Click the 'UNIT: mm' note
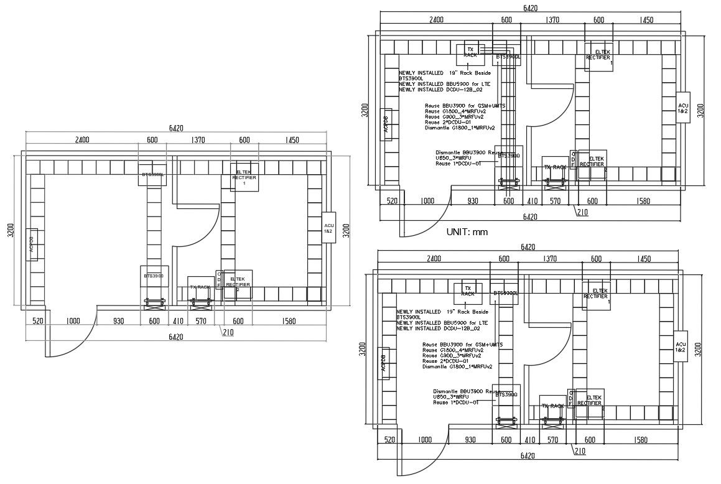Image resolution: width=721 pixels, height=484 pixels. (467, 232)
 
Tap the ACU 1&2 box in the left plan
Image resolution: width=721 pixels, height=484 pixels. (328, 228)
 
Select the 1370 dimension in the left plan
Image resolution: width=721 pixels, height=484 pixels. (199, 141)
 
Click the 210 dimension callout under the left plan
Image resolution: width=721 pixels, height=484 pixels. (228, 333)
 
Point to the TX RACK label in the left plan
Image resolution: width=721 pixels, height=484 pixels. (200, 287)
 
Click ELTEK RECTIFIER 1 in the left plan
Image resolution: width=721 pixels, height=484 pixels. (244, 177)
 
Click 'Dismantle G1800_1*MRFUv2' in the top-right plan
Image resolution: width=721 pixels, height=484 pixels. (460, 128)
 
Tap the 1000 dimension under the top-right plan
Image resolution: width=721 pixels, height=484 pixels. (427, 201)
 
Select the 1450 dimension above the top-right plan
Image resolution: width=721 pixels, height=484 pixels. (646, 20)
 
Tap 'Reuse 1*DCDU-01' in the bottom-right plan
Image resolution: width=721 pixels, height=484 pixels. (455, 403)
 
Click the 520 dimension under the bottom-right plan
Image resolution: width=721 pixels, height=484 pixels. (389, 440)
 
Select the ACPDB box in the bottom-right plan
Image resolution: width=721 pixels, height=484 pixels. (384, 366)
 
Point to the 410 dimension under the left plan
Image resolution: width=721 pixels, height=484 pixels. (179, 322)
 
